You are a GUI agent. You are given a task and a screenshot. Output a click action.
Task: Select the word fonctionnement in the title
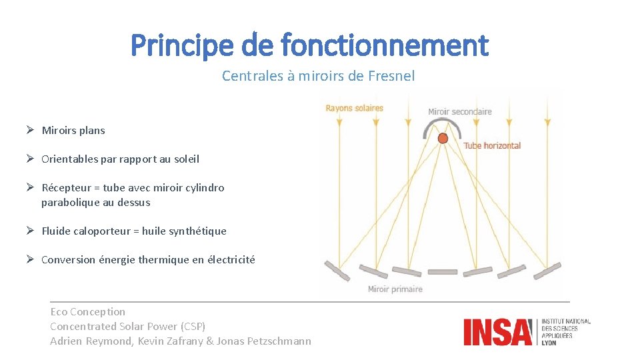385,46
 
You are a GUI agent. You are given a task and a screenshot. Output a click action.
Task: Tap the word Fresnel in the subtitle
391,76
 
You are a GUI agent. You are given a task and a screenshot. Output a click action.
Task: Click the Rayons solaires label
354,108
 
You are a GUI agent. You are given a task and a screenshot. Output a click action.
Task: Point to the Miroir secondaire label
459,111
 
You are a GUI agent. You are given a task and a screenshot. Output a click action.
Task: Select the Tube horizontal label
492,145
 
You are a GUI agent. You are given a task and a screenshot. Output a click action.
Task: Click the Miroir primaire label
395,289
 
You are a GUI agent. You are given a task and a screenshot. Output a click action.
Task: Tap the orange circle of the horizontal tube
443,138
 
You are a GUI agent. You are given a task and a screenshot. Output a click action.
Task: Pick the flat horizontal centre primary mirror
443,272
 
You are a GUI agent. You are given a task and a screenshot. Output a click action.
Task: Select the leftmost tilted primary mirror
336,270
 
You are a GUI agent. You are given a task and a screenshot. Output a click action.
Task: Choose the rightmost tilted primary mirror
547,270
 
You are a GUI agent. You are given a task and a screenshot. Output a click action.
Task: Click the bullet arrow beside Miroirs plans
31,130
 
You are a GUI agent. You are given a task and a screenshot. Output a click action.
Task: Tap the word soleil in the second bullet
183,159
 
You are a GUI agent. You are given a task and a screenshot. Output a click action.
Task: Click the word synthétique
199,231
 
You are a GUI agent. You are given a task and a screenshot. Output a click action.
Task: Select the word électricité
231,260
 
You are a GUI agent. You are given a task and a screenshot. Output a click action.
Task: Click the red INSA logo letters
498,332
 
